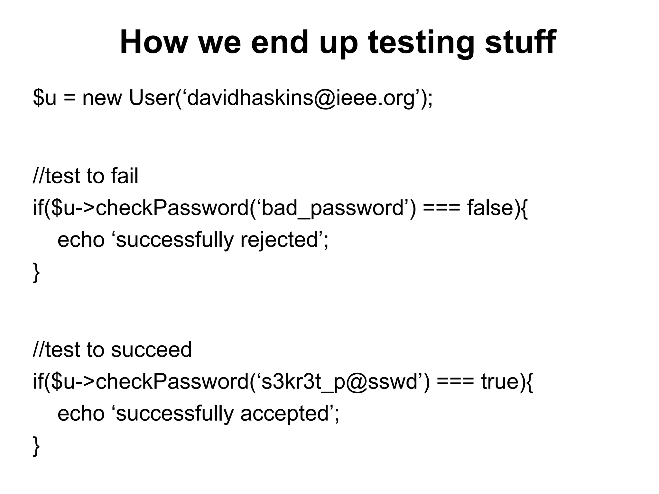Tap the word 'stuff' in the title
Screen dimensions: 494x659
(x=520, y=42)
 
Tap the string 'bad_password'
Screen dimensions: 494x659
(x=332, y=208)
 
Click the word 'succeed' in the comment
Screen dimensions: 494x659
(x=151, y=350)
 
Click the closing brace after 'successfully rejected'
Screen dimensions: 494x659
(x=36, y=272)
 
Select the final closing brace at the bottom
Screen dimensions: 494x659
(x=36, y=446)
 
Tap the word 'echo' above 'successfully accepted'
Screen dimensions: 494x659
(x=81, y=414)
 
